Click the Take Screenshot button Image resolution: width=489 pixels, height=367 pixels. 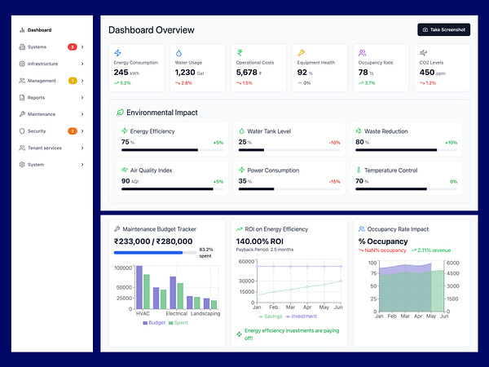point(444,29)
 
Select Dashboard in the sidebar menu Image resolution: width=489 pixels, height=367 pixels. point(39,29)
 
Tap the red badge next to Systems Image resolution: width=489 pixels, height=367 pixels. point(73,46)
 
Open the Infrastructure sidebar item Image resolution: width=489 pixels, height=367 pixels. point(42,64)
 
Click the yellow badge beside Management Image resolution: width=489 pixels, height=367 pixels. point(73,81)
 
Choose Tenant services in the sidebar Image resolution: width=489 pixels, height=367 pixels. point(45,148)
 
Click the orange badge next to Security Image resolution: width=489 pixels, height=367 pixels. point(73,131)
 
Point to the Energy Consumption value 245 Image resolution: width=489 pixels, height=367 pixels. point(121,73)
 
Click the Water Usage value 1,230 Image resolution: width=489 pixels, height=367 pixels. point(185,73)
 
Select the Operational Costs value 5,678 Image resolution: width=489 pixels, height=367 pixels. point(247,73)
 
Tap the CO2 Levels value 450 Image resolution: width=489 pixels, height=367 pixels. point(427,73)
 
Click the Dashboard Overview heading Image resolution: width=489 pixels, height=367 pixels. point(152,30)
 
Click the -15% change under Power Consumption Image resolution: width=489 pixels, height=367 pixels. point(334,181)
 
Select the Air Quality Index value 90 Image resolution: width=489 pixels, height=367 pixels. point(126,181)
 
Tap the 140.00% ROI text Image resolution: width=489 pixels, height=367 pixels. point(259,241)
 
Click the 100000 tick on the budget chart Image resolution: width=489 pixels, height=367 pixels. point(122,268)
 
